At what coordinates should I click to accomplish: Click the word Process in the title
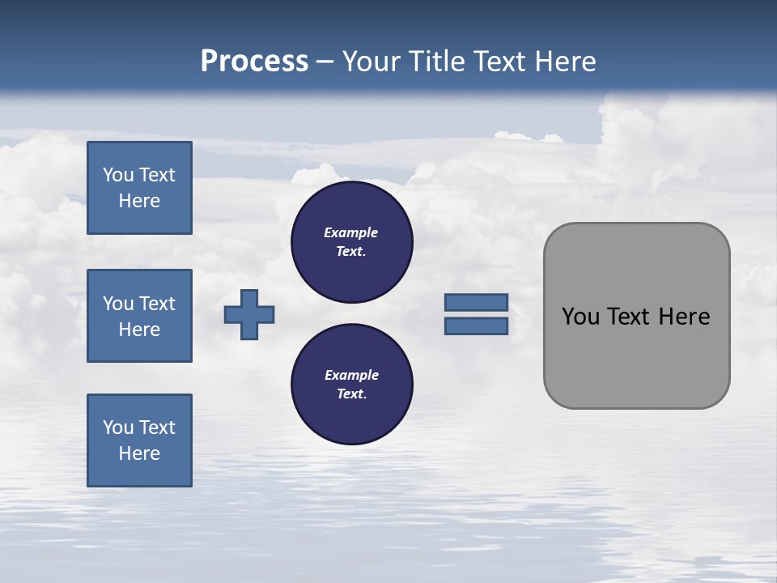pyautogui.click(x=254, y=62)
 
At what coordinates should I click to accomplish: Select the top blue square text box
pyautogui.click(x=139, y=188)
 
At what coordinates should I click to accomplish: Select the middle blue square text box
pyautogui.click(x=139, y=316)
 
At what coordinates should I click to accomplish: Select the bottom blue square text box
pyautogui.click(x=139, y=440)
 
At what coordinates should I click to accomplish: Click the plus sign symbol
pyautogui.click(x=249, y=314)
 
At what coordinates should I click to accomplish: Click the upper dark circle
pyautogui.click(x=352, y=242)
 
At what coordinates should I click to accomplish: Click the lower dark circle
pyautogui.click(x=352, y=385)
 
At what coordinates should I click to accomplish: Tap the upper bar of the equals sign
pyautogui.click(x=476, y=303)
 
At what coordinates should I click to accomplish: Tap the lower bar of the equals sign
pyautogui.click(x=476, y=326)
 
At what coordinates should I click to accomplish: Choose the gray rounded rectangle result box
pyautogui.click(x=636, y=356)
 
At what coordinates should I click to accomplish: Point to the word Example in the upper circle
pyautogui.click(x=350, y=232)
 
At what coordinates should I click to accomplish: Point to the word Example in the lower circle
pyautogui.click(x=351, y=375)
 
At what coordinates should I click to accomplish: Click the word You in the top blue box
pyautogui.click(x=117, y=175)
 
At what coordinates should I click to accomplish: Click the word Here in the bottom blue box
pyautogui.click(x=139, y=453)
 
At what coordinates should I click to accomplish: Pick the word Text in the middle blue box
pyautogui.click(x=157, y=304)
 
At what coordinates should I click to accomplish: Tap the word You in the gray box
pyautogui.click(x=581, y=317)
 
